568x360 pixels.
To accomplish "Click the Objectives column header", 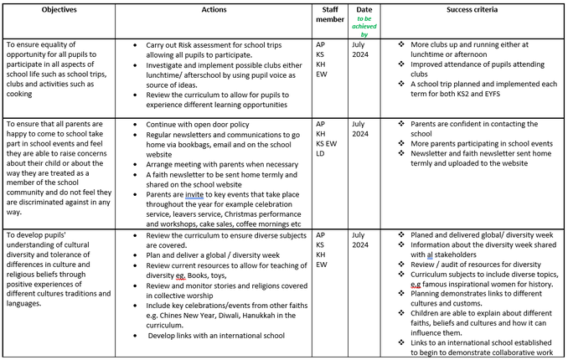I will point(58,8).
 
